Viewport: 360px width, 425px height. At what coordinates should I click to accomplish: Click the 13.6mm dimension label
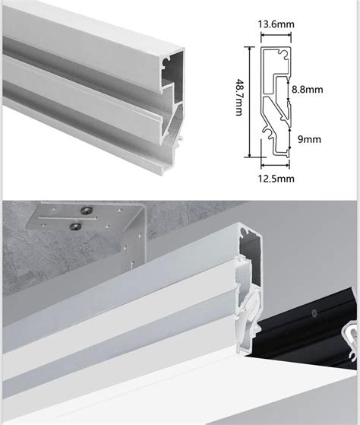(276, 24)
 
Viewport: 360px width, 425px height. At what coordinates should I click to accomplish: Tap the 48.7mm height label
(238, 97)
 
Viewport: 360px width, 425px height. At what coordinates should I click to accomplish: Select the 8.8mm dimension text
(308, 89)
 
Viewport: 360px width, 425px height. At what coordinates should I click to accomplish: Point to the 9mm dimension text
(309, 139)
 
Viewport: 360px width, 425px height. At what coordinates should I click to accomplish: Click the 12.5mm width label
(276, 179)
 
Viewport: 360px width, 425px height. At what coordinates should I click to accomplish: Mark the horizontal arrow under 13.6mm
(276, 34)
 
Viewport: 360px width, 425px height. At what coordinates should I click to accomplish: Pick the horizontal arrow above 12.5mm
(275, 164)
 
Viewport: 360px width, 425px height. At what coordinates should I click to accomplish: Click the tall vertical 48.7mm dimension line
(250, 102)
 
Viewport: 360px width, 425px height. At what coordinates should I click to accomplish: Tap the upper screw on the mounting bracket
(87, 211)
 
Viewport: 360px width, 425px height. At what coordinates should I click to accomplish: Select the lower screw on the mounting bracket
(75, 227)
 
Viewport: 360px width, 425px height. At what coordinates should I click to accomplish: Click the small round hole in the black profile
(314, 313)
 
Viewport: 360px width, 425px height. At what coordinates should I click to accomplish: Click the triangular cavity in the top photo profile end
(172, 122)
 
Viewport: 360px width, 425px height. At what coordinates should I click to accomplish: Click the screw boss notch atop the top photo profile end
(165, 62)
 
